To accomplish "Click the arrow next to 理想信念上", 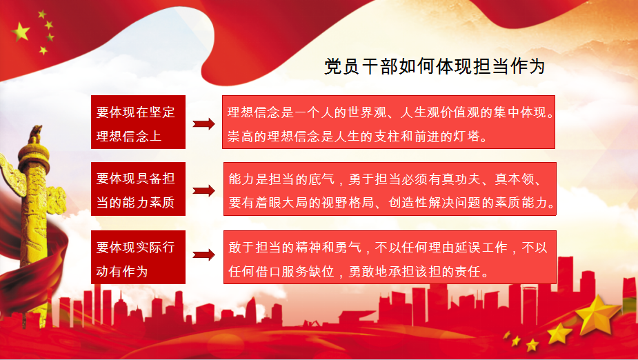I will pos(203,123).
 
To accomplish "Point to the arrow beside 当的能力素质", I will pos(203,191).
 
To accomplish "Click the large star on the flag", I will pos(21,31).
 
